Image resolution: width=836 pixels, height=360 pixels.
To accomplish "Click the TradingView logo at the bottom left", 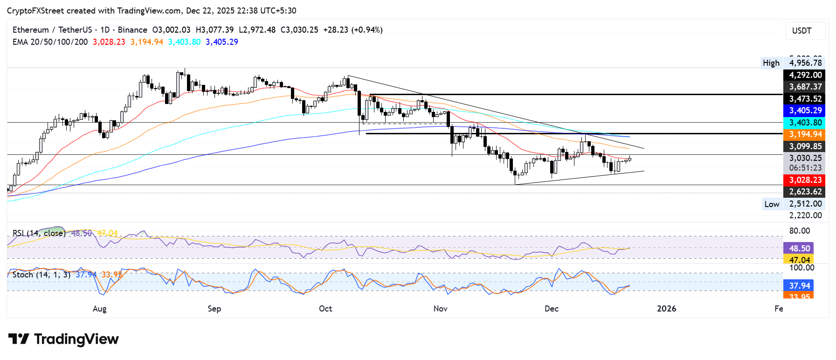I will click(x=63, y=339).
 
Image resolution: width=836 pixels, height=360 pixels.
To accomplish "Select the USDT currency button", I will click(x=801, y=31).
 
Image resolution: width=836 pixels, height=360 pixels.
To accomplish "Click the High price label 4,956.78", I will click(x=805, y=63).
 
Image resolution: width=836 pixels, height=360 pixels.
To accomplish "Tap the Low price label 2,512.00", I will click(x=805, y=204).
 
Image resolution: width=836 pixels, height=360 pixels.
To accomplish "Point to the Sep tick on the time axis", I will click(x=214, y=309).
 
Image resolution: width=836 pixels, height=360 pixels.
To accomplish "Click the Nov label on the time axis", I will click(x=440, y=309).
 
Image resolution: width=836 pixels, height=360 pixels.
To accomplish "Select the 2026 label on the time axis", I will click(x=666, y=309).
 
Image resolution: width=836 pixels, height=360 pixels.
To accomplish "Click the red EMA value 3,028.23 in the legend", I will click(x=109, y=42).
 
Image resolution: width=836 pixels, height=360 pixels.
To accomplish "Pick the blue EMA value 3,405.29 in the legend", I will click(x=221, y=42).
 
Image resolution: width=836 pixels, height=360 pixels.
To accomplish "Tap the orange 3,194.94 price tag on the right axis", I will click(x=805, y=134).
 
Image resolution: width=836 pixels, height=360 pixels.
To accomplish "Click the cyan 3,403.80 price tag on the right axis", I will click(x=805, y=123).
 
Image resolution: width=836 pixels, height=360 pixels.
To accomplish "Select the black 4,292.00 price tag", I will click(x=805, y=75).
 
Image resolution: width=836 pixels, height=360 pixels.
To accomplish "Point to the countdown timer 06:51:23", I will click(x=805, y=168).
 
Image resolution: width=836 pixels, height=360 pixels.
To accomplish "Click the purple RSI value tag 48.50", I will click(x=799, y=248).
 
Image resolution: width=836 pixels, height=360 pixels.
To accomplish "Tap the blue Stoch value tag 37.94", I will click(x=799, y=285).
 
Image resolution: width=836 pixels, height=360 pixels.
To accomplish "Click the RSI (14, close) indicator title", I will click(x=39, y=233).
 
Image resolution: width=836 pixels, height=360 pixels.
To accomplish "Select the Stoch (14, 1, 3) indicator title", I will click(x=41, y=275).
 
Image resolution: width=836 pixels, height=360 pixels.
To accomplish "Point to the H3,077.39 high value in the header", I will click(x=214, y=30).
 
